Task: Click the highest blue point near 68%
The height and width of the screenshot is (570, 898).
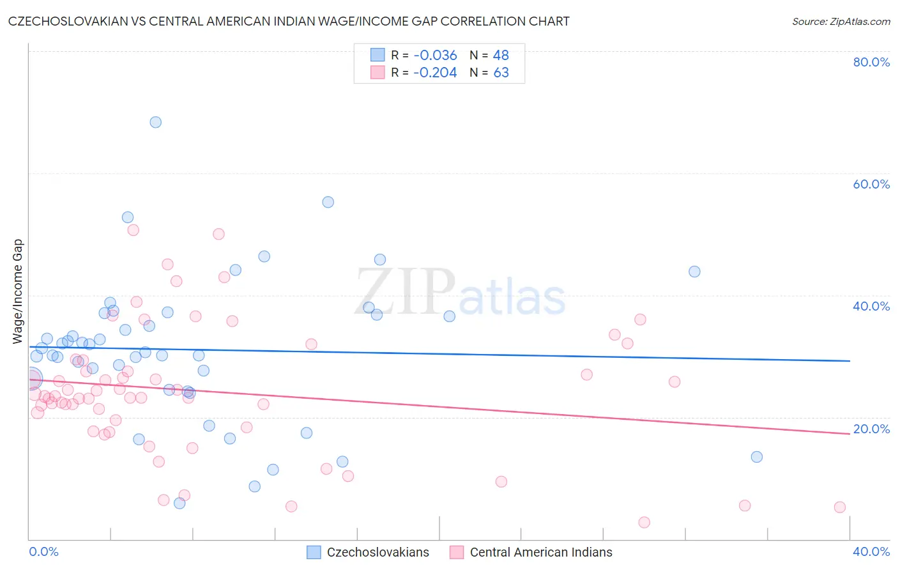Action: (155, 122)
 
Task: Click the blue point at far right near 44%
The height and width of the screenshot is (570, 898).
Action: (694, 272)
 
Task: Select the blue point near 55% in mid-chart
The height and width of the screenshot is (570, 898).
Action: (328, 202)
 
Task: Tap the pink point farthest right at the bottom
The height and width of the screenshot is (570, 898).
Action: (839, 507)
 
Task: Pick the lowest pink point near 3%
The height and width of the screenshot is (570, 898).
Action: (644, 523)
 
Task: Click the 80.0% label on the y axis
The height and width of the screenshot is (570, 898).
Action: (871, 62)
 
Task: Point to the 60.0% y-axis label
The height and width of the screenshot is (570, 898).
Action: (871, 184)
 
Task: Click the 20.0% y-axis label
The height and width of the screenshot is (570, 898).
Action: (871, 429)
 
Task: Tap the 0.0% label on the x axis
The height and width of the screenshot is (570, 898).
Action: (43, 551)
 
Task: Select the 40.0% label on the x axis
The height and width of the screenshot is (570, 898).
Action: (871, 551)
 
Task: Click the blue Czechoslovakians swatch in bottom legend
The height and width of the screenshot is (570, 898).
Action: (314, 552)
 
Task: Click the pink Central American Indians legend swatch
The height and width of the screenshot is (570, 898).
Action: (457, 552)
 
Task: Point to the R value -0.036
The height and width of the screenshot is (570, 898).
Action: (435, 56)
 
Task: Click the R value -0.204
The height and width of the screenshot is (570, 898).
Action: (435, 73)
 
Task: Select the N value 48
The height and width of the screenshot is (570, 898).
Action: (501, 56)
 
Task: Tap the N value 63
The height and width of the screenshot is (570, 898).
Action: (501, 73)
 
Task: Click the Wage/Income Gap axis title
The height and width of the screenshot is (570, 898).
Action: (18, 291)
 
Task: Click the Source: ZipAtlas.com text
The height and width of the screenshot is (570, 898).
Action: (841, 22)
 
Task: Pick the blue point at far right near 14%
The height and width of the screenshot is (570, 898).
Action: (756, 457)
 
